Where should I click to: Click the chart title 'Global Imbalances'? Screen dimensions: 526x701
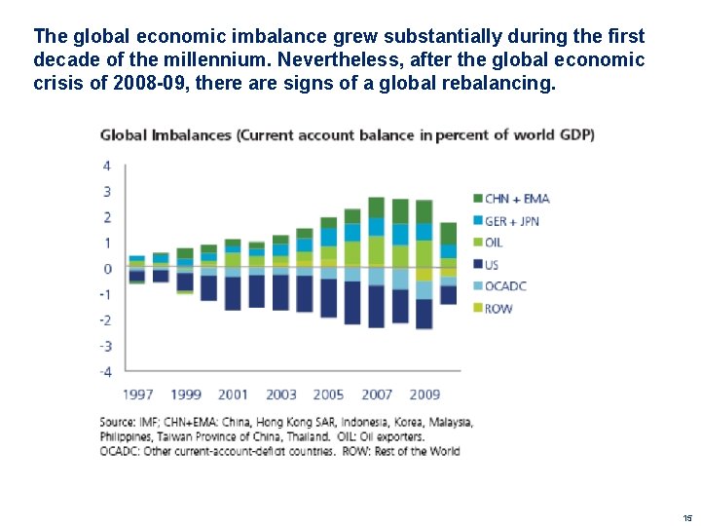(x=165, y=134)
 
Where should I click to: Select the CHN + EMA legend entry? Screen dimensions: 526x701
(x=516, y=199)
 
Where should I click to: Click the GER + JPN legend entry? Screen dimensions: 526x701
(x=512, y=221)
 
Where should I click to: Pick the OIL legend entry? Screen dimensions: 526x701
(x=493, y=243)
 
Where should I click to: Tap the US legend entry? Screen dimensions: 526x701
(x=492, y=264)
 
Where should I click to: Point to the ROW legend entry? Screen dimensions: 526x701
(x=498, y=309)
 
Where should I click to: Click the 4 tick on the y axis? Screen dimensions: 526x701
(x=107, y=166)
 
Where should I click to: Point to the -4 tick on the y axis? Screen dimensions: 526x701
(x=105, y=371)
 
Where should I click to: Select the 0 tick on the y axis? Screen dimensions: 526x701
(x=107, y=269)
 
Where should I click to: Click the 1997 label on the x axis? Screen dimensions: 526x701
(x=138, y=394)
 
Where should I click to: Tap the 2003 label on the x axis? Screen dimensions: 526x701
(x=280, y=394)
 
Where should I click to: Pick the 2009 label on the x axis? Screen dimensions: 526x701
(x=424, y=394)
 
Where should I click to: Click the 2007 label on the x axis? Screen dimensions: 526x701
(x=377, y=394)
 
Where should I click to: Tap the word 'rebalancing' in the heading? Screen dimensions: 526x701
(x=502, y=84)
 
